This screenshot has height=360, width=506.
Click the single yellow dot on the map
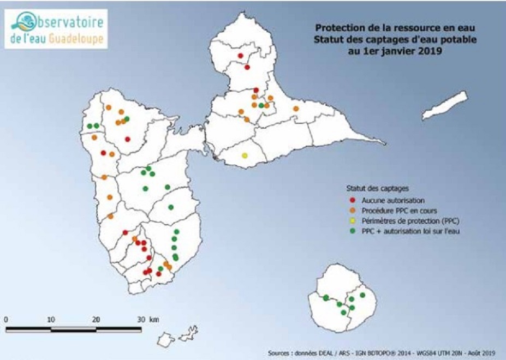245,155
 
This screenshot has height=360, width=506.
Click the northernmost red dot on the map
240,56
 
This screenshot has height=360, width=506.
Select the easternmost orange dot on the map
296,109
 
